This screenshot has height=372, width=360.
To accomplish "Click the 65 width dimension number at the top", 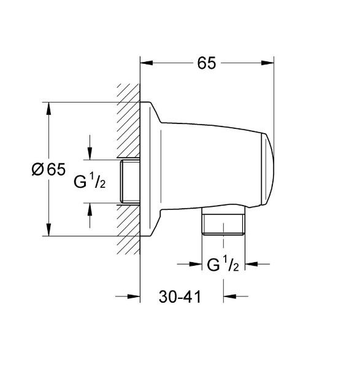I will (207, 63).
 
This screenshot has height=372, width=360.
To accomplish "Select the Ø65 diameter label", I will (48, 169).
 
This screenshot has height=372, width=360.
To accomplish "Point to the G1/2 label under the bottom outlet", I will (223, 265).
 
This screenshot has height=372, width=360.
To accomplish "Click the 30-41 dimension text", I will (180, 297).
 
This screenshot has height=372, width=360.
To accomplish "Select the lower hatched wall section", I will (129, 230).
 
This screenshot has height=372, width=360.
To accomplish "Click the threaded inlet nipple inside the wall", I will (130, 182).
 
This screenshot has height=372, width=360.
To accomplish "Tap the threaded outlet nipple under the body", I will (223, 224).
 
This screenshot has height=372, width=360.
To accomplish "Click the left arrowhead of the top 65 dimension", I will (146, 63).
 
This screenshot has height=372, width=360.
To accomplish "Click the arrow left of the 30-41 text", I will (134, 297).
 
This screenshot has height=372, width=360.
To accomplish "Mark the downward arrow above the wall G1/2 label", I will (91, 154).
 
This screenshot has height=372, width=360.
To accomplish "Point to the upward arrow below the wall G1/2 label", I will (91, 210).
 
